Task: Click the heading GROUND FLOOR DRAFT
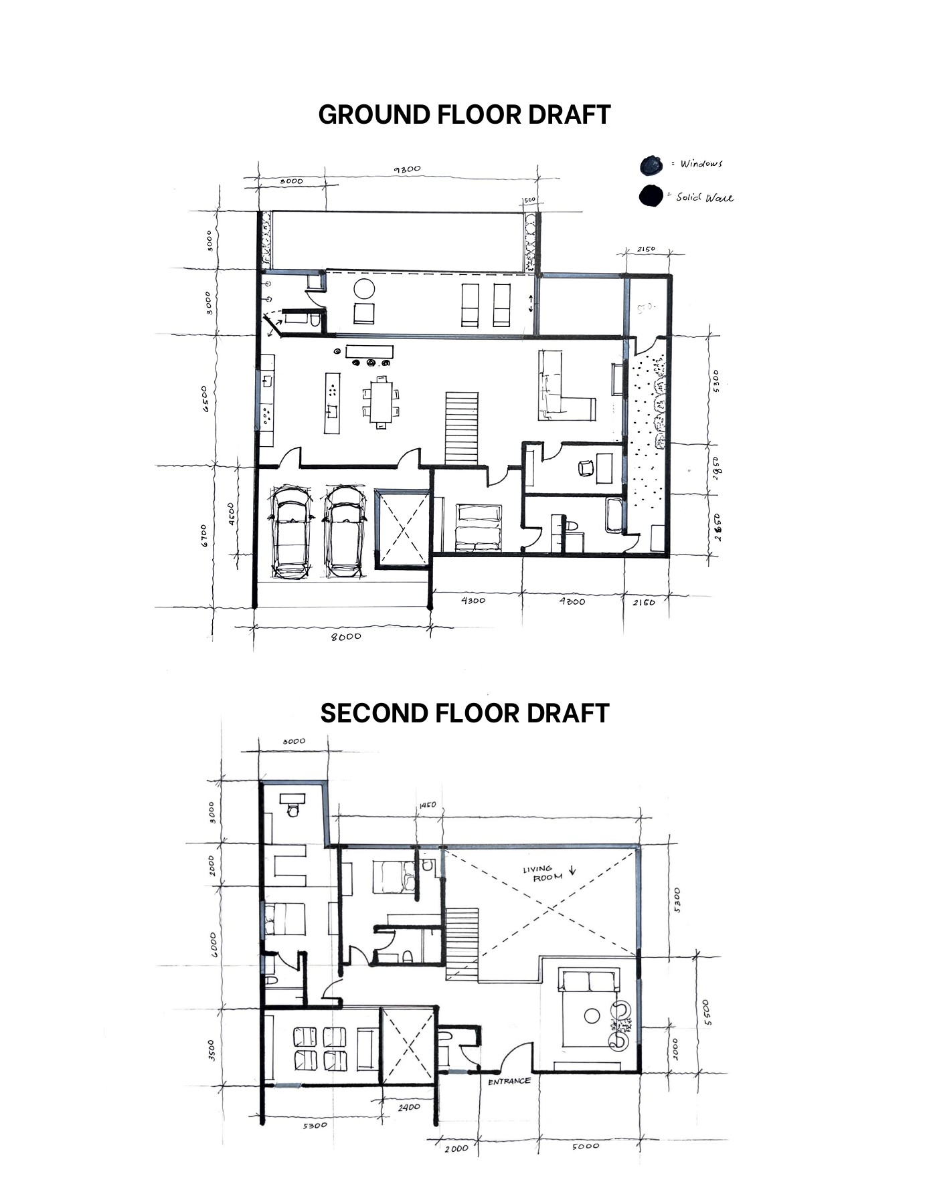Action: point(464,114)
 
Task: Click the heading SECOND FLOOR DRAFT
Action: point(464,713)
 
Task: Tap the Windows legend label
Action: point(701,164)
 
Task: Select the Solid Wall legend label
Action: point(704,197)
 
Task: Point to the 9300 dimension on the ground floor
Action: point(407,169)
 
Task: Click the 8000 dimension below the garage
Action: point(346,636)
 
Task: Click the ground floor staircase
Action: point(462,428)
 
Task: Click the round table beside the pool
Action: point(365,289)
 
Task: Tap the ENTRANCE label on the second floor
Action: point(509,1081)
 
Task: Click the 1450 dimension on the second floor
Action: point(427,805)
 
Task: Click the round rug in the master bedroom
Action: point(592,1016)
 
